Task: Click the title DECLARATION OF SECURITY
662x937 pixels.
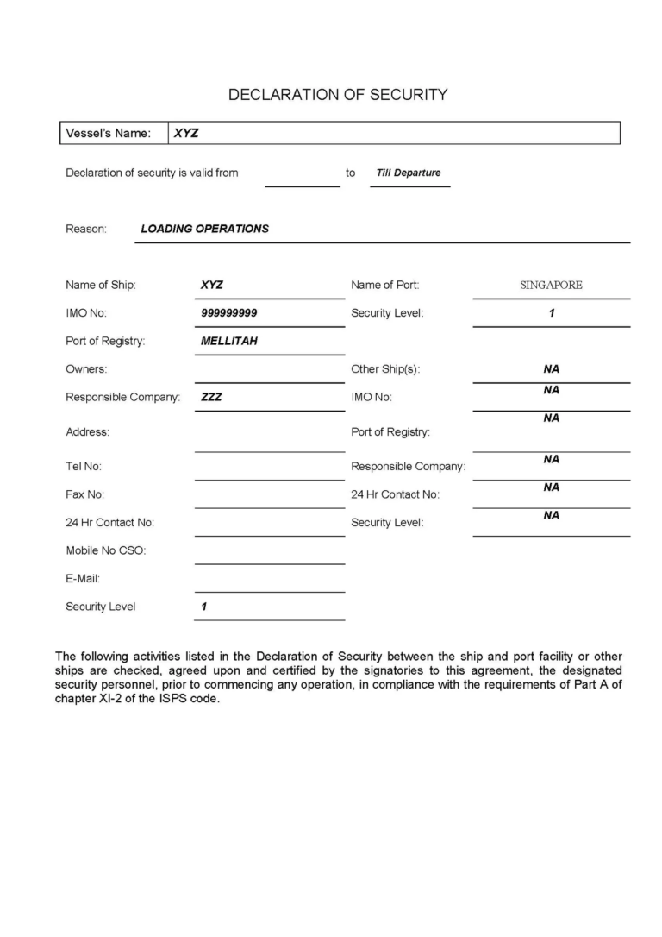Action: coord(337,95)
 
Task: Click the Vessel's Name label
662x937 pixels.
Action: coord(108,134)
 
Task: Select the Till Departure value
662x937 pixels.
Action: coord(409,173)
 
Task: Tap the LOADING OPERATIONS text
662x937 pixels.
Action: coord(204,229)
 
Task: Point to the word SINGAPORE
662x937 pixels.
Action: coord(551,285)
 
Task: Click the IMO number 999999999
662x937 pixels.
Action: coord(228,312)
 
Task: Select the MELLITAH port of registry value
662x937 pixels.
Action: coord(228,341)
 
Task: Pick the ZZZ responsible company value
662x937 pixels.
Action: coord(211,397)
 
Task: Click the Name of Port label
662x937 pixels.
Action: coord(384,285)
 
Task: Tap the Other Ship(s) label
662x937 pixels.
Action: coord(385,369)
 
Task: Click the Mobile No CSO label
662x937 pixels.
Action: coord(105,550)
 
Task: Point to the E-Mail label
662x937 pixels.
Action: coord(83,578)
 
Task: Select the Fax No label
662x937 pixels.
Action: coord(84,494)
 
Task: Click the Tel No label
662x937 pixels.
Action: coord(84,467)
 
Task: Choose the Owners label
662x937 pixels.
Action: coord(86,369)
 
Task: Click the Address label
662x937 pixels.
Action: coord(87,431)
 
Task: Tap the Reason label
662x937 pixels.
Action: coord(86,230)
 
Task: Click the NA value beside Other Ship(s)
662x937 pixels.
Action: coord(552,369)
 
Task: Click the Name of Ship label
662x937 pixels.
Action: coord(100,285)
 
